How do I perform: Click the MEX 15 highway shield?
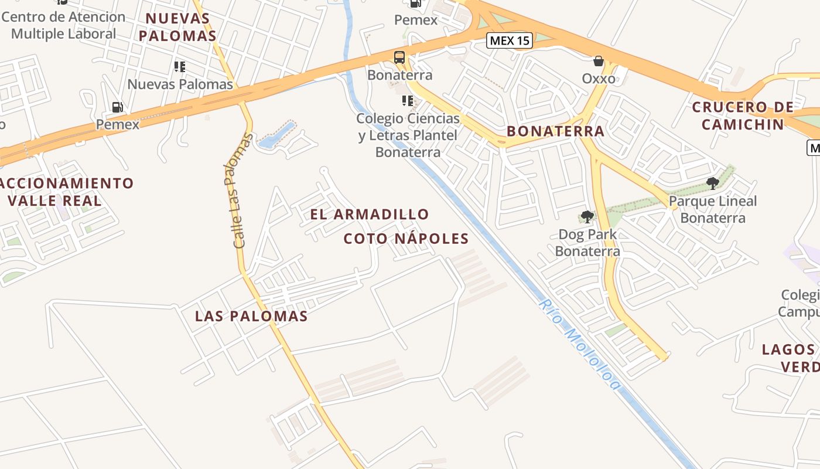[x=510, y=40]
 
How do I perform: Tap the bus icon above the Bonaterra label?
[x=399, y=57]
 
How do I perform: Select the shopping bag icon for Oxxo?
[x=599, y=61]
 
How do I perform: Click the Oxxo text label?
[x=599, y=78]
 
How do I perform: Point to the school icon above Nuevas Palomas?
[x=180, y=67]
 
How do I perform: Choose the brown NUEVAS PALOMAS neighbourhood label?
[x=178, y=27]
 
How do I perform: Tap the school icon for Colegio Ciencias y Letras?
[x=408, y=101]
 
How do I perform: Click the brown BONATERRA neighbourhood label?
[x=555, y=131]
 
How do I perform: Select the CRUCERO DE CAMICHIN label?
[x=743, y=115]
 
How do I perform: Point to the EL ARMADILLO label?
[x=370, y=215]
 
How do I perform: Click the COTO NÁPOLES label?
[x=406, y=239]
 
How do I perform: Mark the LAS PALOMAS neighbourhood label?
[x=251, y=317]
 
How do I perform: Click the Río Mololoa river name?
[x=579, y=345]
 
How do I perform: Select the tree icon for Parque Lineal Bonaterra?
[x=713, y=183]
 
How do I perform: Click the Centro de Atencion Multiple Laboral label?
[x=63, y=25]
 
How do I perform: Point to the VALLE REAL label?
[x=54, y=200]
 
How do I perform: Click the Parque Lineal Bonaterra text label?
[x=713, y=210]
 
